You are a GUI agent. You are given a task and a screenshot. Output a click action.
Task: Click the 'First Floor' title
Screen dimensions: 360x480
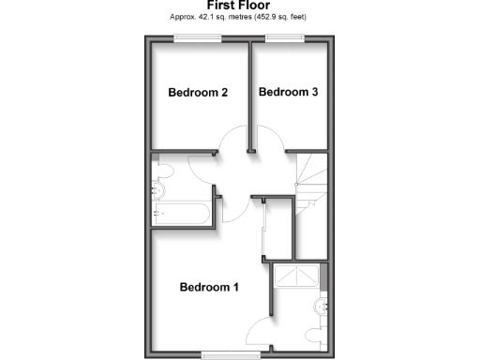pyautogui.click(x=239, y=6)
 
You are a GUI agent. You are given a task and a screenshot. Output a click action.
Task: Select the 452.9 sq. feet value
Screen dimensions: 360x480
pyautogui.click(x=280, y=18)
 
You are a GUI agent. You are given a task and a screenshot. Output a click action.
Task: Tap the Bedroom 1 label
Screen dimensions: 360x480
pyautogui.click(x=209, y=287)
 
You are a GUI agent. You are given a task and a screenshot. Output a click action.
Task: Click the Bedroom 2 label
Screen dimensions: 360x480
pyautogui.click(x=198, y=92)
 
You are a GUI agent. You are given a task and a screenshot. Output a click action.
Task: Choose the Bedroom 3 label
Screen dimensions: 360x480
pyautogui.click(x=290, y=92)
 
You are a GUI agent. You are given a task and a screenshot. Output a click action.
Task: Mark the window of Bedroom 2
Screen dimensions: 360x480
pyautogui.click(x=199, y=37)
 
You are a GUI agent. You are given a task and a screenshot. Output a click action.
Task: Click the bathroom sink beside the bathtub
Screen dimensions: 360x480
pyautogui.click(x=156, y=191)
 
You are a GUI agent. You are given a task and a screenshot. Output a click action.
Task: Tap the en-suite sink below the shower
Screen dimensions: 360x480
pyautogui.click(x=322, y=305)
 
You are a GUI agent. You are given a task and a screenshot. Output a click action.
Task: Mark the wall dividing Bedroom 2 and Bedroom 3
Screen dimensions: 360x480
pyautogui.click(x=250, y=94)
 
